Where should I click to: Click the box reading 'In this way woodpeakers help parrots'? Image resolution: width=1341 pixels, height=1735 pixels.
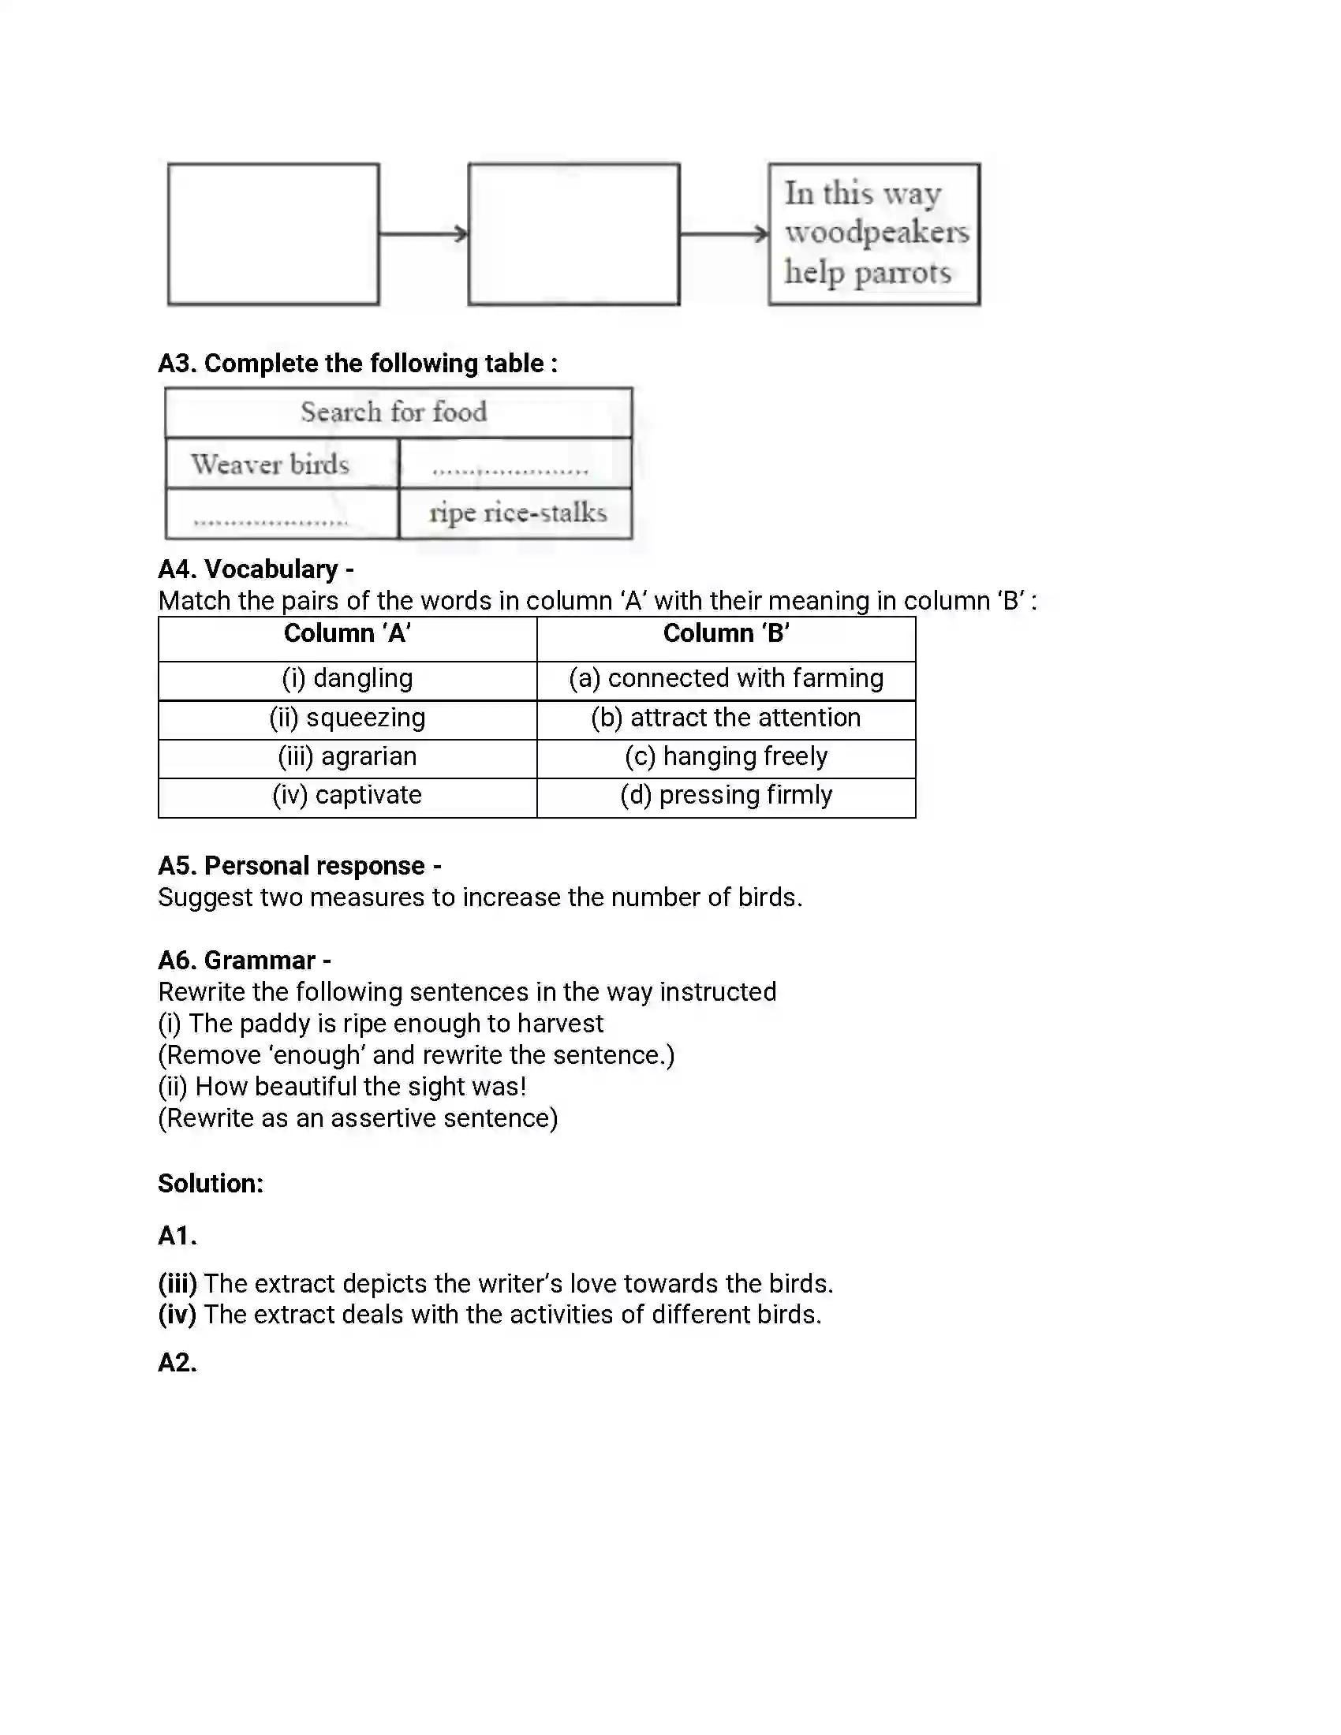click(874, 233)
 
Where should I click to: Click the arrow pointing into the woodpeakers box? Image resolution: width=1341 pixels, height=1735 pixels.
click(723, 233)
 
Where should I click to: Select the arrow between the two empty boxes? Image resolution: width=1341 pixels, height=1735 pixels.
click(424, 233)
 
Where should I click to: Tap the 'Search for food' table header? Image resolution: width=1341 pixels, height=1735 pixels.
click(394, 412)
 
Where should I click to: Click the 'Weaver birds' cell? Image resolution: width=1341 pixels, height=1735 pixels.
click(271, 464)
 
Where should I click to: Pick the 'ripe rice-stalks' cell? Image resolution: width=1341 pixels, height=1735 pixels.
click(517, 513)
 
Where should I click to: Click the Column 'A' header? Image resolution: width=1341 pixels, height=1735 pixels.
click(347, 634)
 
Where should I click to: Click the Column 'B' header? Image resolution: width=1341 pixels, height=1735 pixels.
click(726, 634)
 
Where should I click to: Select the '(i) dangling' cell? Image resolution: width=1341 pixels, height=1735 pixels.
click(347, 678)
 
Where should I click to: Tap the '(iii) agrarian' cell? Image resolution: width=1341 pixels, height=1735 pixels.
click(347, 756)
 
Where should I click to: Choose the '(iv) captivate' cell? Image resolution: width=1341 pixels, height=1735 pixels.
click(347, 795)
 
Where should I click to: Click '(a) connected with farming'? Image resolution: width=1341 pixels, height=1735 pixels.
click(726, 678)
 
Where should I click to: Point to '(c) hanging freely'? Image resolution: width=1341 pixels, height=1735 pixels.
click(726, 756)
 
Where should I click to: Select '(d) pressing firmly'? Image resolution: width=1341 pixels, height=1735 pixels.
click(726, 795)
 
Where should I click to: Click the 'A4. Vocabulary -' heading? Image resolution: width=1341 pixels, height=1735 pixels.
click(256, 569)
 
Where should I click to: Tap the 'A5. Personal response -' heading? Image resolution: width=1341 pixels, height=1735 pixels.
click(300, 866)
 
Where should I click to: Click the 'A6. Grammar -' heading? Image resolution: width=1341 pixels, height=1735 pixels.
click(245, 961)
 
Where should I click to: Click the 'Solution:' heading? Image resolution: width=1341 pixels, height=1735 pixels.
click(211, 1184)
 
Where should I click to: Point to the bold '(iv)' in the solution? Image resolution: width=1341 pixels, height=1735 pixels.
click(177, 1315)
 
